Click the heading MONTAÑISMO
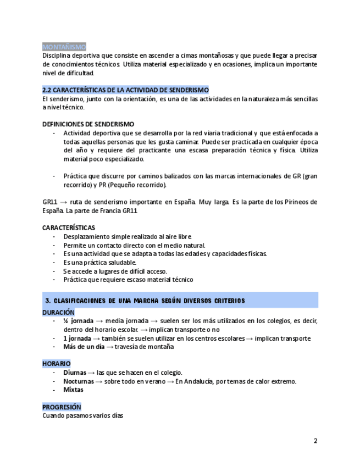[x=64, y=47]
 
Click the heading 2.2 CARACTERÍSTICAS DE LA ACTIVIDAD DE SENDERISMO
[x=125, y=90]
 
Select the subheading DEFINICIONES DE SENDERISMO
[x=88, y=124]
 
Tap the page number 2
[x=315, y=441]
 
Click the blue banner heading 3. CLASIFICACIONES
[x=146, y=301]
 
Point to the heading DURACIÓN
[x=58, y=312]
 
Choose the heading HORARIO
[x=56, y=364]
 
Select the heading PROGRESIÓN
[x=62, y=407]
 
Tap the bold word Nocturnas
[x=79, y=381]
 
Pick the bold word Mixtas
[x=73, y=390]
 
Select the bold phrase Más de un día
[x=84, y=347]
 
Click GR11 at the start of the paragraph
[x=50, y=202]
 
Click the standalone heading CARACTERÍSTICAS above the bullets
[x=69, y=228]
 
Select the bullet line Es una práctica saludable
[x=99, y=262]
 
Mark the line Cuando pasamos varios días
[x=82, y=415]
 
